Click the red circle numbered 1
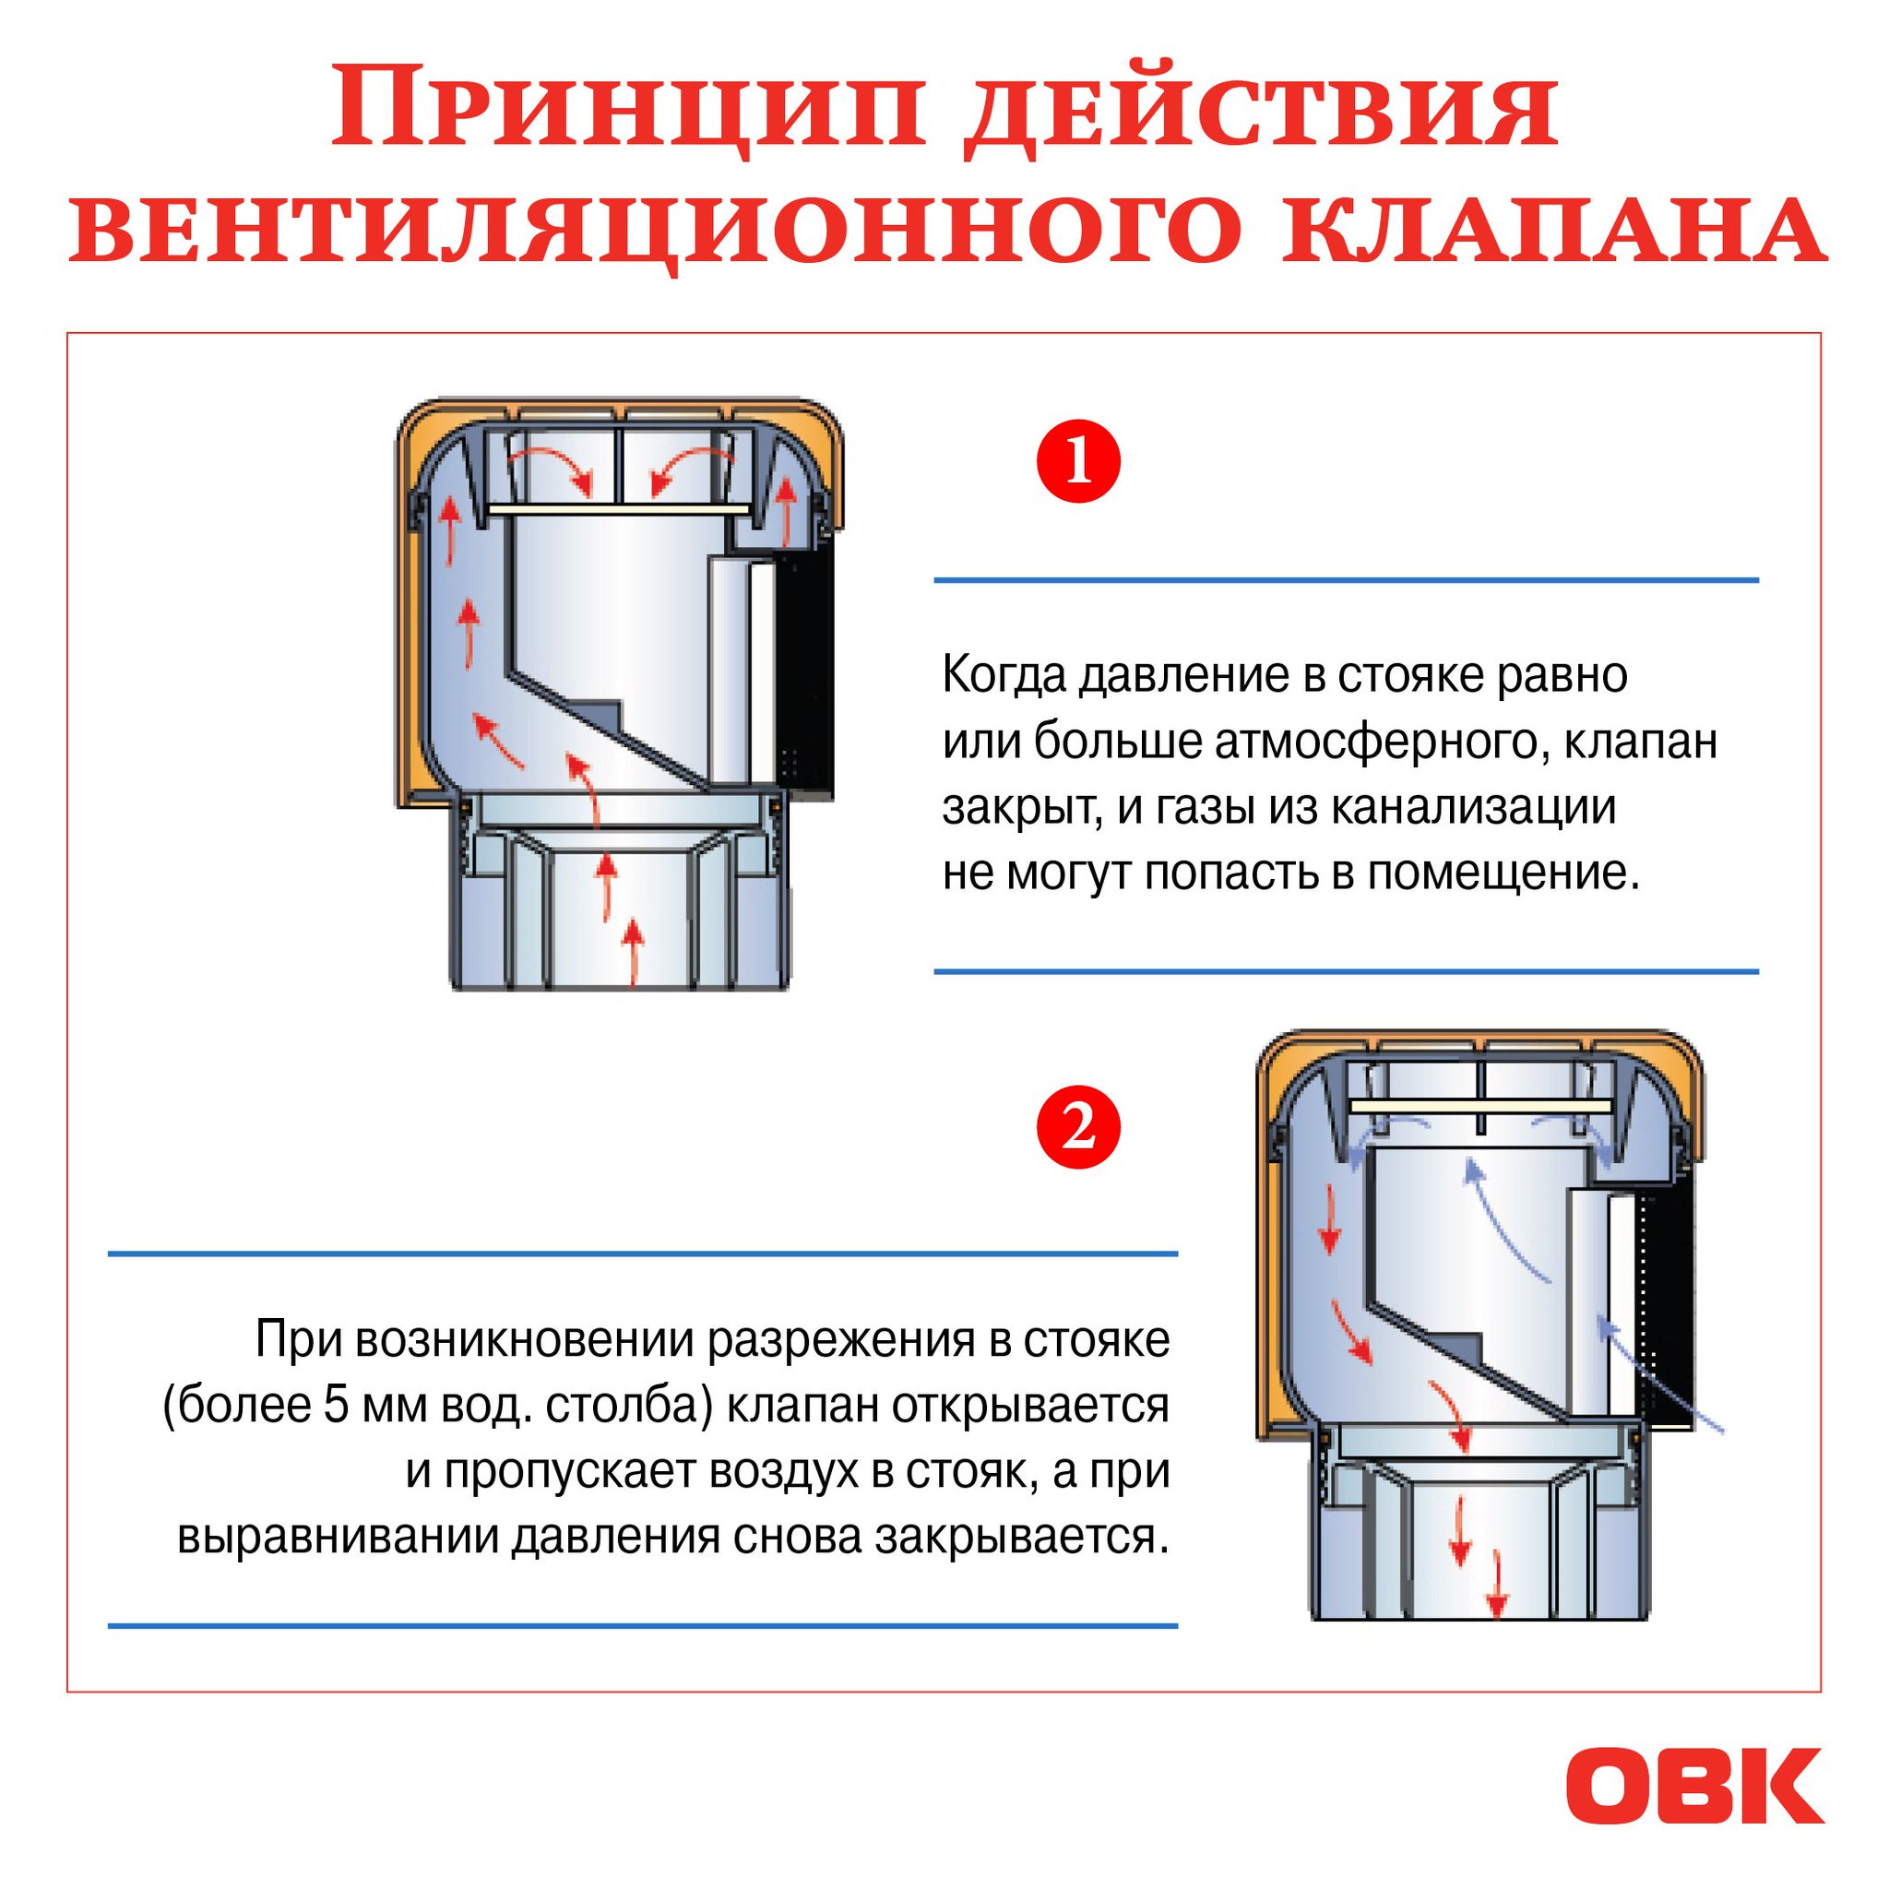[1077, 461]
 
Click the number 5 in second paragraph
[332, 1406]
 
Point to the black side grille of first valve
[803, 673]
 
